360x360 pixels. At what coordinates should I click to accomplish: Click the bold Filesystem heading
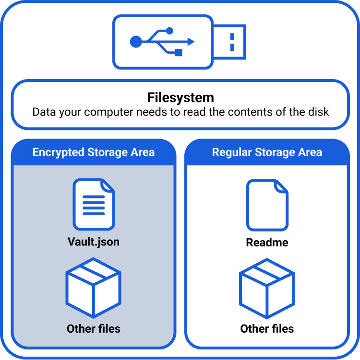tap(180, 98)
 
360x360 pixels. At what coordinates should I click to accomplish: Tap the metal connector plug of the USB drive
tap(230, 42)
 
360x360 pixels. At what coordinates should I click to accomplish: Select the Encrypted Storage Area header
tap(94, 152)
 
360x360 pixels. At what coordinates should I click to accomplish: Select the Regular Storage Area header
tap(267, 152)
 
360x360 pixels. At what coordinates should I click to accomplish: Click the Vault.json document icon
tap(94, 205)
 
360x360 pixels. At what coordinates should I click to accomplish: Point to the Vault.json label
tap(94, 242)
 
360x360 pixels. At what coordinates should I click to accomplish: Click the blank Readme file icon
tap(267, 205)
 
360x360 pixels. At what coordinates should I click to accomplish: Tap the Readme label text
tap(267, 243)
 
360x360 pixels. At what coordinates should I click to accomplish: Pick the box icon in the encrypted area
tap(94, 287)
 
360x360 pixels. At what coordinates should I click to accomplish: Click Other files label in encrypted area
tap(94, 329)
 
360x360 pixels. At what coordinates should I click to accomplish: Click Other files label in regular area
tap(267, 329)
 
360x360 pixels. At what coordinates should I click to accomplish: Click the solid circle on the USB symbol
tap(136, 42)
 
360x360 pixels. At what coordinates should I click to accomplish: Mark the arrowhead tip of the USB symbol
tap(193, 42)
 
